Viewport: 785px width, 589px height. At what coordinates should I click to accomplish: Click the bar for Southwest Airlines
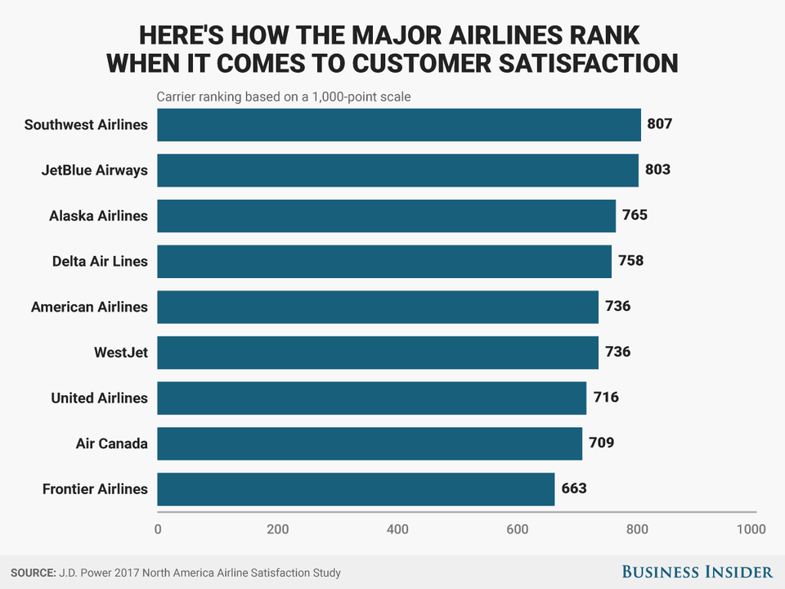pos(398,125)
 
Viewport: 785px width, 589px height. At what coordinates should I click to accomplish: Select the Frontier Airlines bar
pos(356,489)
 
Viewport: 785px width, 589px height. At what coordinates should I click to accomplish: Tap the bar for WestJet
pos(378,353)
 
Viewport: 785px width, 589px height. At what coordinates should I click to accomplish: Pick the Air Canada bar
pos(370,443)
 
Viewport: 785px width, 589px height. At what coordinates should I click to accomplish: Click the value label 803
pos(657,170)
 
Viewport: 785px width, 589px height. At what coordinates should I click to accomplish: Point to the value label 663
pos(574,489)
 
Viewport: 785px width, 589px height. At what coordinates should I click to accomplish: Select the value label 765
pos(635,216)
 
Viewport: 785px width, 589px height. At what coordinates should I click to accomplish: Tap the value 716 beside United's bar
pos(606,398)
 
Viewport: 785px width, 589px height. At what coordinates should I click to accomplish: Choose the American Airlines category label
pos(89,308)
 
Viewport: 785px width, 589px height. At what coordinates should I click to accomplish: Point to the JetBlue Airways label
pos(95,170)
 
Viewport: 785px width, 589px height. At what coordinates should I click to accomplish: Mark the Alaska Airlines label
pos(98,216)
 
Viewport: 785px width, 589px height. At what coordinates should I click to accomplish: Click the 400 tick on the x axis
pos(397,529)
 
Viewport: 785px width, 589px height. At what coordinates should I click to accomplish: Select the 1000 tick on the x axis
pos(751,529)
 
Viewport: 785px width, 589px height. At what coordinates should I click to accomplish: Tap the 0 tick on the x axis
pos(158,529)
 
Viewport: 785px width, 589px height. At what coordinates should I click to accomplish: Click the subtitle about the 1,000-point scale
pos(284,97)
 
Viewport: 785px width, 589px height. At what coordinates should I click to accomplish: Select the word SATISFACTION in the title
pos(585,62)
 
